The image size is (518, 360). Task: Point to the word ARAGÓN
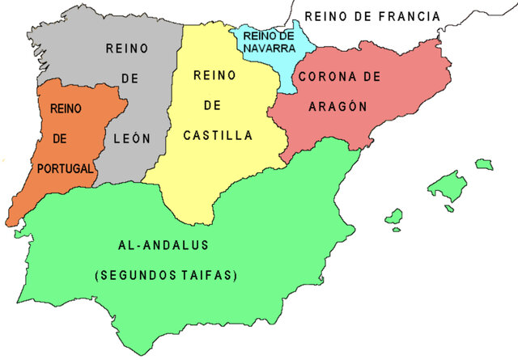coord(338,106)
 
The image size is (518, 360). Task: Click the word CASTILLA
coord(219,137)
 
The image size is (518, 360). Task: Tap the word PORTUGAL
coord(66,170)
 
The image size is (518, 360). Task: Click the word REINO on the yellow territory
coord(214,76)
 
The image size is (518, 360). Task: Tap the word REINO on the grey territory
coord(127,49)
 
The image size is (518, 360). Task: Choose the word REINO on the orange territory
coord(65,108)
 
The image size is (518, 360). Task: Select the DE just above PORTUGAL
coord(59,139)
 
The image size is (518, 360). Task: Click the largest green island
coord(447,186)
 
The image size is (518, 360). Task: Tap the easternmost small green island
coord(484,164)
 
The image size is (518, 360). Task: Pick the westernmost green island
coord(394,217)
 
